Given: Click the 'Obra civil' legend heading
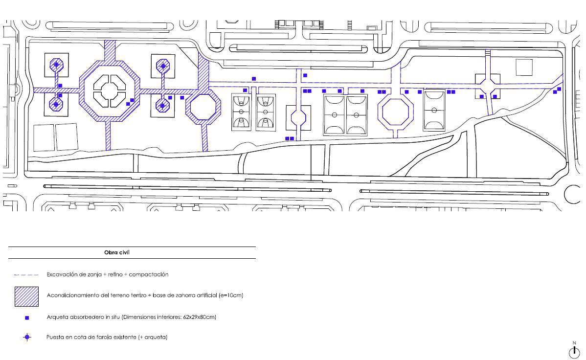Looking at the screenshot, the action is (x=116, y=252).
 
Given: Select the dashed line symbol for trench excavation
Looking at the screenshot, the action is (x=26, y=275).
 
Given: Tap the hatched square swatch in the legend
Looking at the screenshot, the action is (x=26, y=296).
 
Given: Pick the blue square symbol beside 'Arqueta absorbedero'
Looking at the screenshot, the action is (x=27, y=318).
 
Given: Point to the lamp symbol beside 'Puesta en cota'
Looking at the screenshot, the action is (x=27, y=337).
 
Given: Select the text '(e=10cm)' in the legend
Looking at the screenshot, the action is (x=231, y=295).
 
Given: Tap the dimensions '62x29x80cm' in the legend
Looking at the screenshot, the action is (x=199, y=317).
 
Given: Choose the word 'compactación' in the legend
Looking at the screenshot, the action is (x=148, y=274).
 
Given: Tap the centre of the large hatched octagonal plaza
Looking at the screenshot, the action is (x=110, y=91).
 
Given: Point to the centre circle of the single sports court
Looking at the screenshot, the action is (x=434, y=110).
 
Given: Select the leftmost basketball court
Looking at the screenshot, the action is (x=241, y=112).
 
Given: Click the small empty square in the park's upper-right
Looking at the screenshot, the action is (x=524, y=67).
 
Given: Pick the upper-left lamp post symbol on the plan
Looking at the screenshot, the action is (x=56, y=65).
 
